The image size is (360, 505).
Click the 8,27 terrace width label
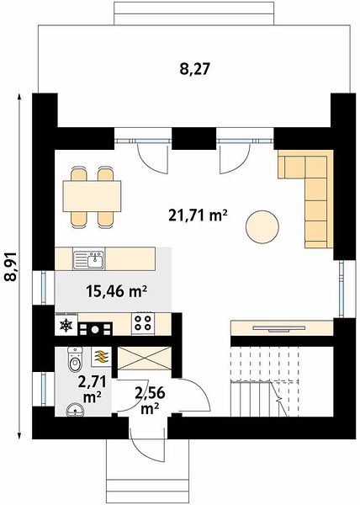194,69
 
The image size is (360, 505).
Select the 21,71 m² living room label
199,215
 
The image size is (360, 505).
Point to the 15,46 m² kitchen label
116,292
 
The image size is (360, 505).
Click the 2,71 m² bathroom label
93,390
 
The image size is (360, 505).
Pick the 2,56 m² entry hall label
150,401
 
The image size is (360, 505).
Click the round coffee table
262,226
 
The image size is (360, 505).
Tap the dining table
92,196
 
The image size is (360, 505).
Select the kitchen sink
89,260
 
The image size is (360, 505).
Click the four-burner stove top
142,322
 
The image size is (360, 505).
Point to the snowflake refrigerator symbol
66,325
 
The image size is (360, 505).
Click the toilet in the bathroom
74,359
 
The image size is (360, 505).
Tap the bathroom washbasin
76,411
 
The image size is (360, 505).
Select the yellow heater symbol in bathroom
102,357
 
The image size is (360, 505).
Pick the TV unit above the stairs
282,328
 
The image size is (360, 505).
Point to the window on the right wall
342,289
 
